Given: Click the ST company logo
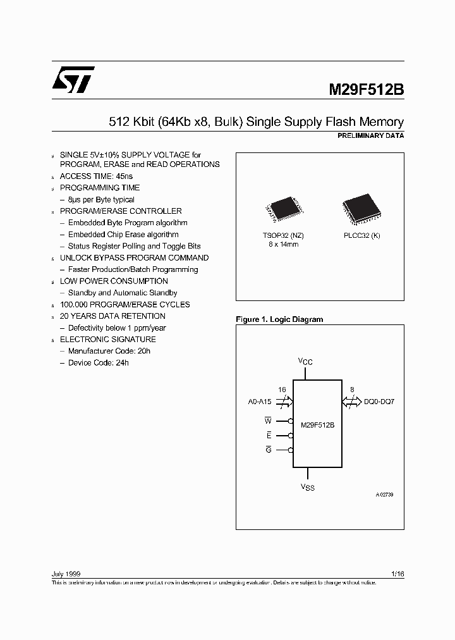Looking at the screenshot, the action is click(73, 78).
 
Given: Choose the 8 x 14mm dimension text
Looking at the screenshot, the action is click(283, 243).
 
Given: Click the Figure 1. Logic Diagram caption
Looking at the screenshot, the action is click(279, 319).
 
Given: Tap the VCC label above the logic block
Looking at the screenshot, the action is click(306, 362).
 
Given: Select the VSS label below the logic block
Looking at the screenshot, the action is click(307, 488).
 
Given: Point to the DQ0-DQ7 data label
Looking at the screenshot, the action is click(379, 402).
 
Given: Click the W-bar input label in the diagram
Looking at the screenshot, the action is click(267, 421).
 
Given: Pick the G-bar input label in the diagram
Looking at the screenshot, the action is click(268, 450).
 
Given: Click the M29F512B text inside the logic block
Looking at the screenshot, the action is click(317, 425).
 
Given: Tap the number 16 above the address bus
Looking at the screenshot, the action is click(282, 390).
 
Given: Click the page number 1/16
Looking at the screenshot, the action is click(397, 573).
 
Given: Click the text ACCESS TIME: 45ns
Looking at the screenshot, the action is click(96, 176).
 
